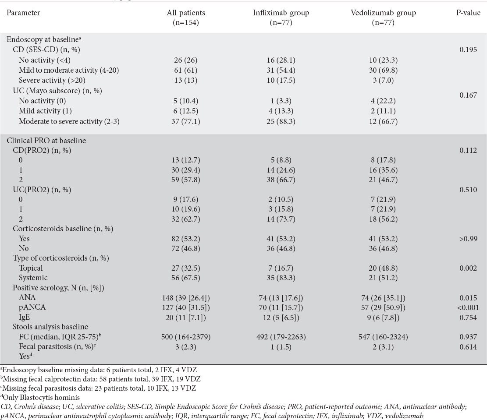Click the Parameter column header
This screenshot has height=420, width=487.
point(23,13)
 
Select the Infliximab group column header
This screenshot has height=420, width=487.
point(281,18)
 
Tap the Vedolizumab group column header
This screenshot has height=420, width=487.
point(383,18)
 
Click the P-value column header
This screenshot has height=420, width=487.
point(468,13)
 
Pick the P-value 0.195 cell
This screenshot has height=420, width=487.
point(468,49)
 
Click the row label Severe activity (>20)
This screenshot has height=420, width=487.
point(52,81)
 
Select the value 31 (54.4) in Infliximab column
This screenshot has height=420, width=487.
point(281,70)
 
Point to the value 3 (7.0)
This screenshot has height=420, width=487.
point(383,81)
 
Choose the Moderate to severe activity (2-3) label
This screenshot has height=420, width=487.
point(69,121)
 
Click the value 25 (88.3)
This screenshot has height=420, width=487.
point(281,121)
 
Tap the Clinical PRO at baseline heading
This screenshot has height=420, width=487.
point(46,141)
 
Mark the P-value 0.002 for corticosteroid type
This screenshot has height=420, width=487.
point(468,268)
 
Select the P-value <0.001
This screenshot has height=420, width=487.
point(468,307)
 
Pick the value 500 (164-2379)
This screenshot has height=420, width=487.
point(186,337)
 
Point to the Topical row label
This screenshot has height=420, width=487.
point(31,268)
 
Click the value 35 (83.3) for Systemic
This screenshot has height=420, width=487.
point(281,278)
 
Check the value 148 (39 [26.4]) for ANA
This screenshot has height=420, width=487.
point(186,298)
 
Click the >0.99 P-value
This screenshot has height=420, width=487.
point(468,239)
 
